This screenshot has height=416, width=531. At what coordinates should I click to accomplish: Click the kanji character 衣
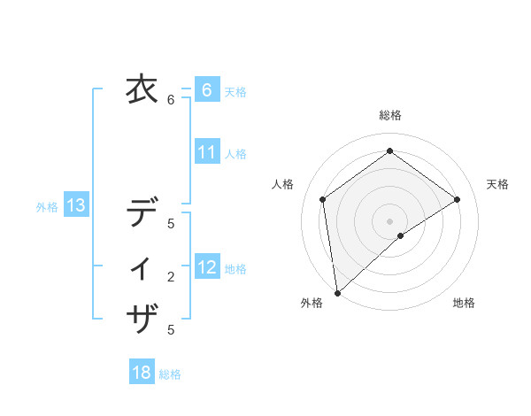(142, 89)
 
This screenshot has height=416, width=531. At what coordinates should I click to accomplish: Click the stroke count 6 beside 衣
(171, 100)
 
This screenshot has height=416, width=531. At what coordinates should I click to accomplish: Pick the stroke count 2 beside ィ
(171, 277)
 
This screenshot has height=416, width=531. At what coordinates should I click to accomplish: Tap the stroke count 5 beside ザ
(171, 330)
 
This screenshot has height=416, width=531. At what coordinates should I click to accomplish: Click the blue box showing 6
(206, 90)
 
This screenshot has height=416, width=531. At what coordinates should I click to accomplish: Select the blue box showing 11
(206, 152)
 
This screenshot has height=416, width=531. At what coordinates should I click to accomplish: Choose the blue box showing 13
(76, 206)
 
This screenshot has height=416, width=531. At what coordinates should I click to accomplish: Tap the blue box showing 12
(206, 267)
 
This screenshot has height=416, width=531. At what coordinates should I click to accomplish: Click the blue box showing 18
(142, 373)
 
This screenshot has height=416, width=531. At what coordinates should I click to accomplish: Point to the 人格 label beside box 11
(235, 154)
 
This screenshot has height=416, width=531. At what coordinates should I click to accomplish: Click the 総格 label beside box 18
(170, 374)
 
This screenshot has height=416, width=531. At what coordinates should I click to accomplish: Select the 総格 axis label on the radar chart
(390, 115)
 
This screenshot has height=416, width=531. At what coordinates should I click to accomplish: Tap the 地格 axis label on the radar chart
(464, 304)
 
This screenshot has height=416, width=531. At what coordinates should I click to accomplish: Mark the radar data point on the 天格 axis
(458, 199)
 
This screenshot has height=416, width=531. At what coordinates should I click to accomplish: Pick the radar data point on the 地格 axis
(401, 235)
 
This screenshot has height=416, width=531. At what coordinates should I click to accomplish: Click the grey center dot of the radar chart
(390, 220)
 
